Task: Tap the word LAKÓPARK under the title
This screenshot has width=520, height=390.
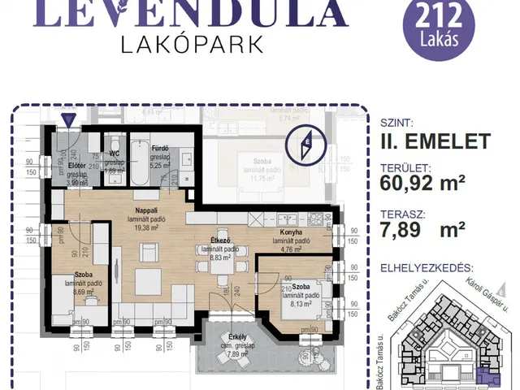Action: coord(193,45)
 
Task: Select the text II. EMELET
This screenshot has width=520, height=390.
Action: coord(435,141)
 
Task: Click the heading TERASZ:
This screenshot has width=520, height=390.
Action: coord(403,214)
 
